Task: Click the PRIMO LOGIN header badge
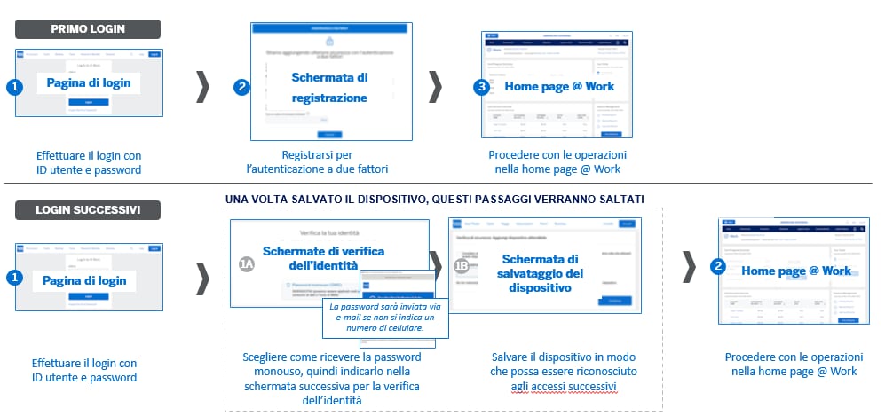click(x=88, y=28)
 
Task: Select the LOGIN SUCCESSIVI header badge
click(x=88, y=210)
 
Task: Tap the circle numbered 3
click(x=482, y=87)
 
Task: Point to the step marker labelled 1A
click(x=248, y=264)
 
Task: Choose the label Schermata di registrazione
click(x=329, y=88)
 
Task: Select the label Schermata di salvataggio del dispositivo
click(x=540, y=273)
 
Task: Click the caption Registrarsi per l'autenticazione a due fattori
click(x=328, y=161)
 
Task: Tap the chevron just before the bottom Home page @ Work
click(x=689, y=266)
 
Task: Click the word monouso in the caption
click(x=267, y=372)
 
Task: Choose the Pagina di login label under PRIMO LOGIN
click(x=89, y=83)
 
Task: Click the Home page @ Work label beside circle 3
click(x=559, y=87)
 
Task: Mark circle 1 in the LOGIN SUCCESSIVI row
click(x=14, y=278)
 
